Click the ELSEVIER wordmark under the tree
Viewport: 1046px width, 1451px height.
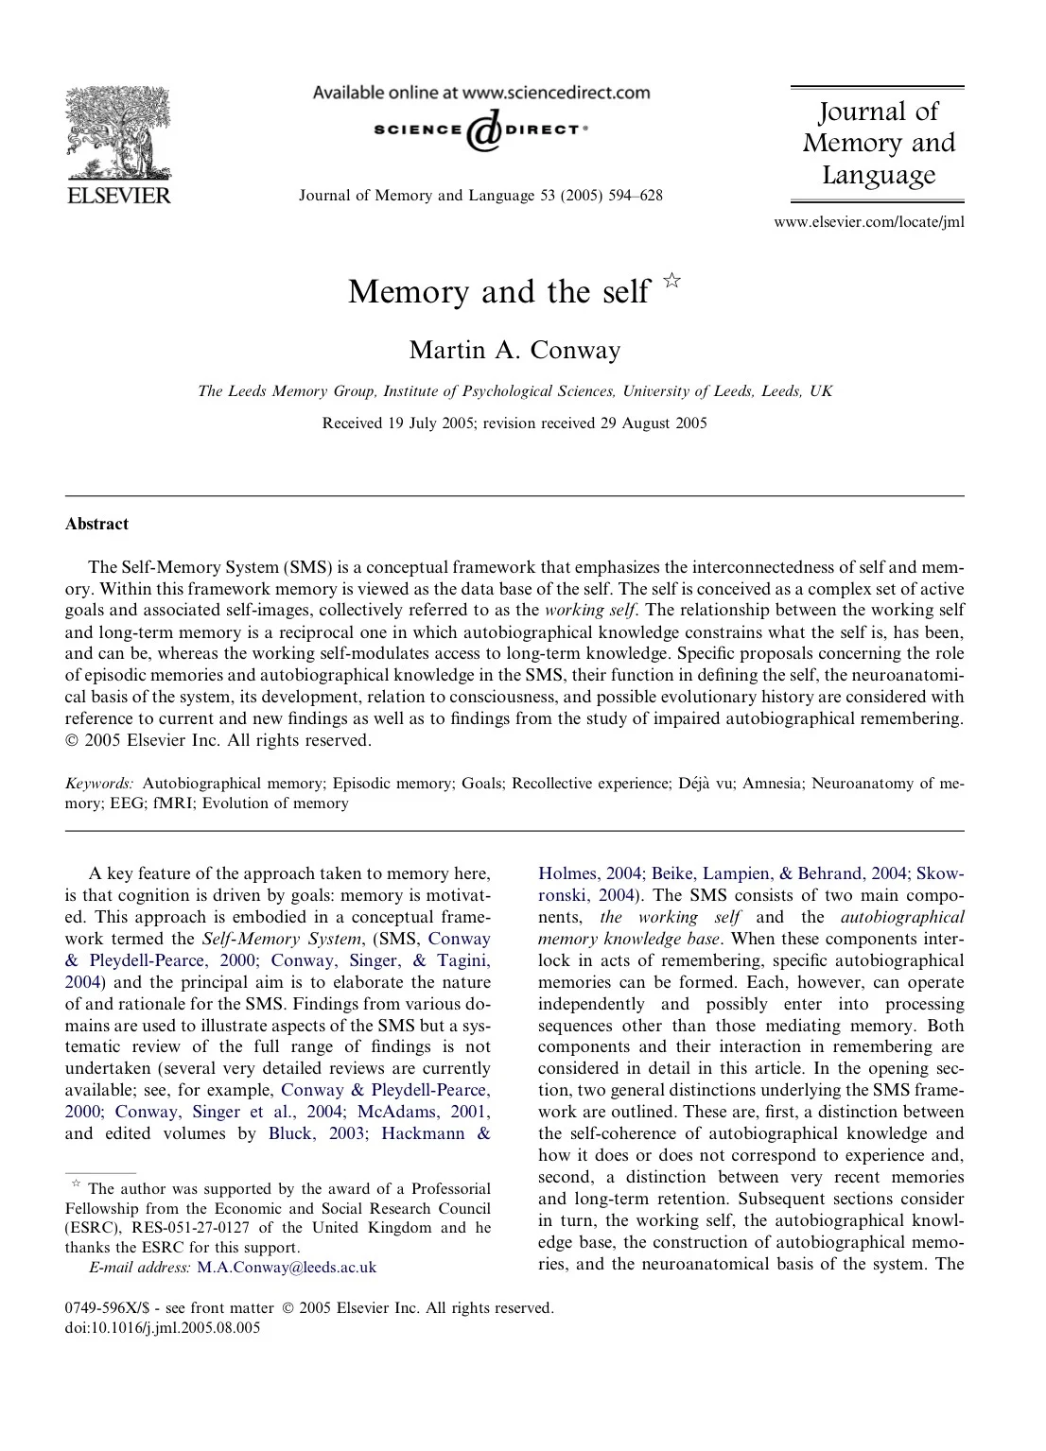coord(117,196)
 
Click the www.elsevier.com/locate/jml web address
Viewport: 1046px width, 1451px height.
coord(868,223)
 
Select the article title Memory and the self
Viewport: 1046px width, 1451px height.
coord(498,291)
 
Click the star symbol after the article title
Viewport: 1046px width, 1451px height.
coord(671,280)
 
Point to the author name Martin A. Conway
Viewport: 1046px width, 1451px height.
coord(514,350)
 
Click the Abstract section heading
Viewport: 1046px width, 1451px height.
coord(96,524)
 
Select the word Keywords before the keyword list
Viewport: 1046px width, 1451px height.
coord(98,784)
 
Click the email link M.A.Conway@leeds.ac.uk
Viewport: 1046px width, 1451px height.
coord(286,1268)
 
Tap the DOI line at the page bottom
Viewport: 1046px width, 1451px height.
coord(162,1327)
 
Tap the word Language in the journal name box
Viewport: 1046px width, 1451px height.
coord(878,175)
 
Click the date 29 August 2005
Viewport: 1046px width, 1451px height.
coord(653,423)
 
